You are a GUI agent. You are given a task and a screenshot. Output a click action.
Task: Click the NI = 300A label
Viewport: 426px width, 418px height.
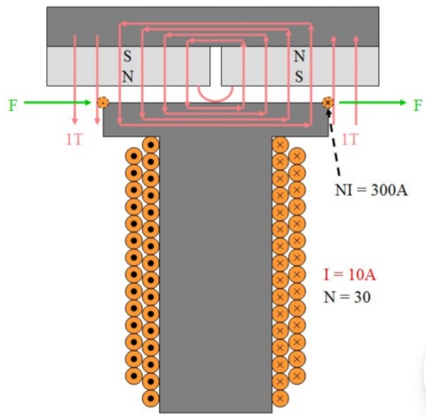click(371, 190)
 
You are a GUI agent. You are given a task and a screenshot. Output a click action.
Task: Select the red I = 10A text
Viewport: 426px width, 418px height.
click(350, 274)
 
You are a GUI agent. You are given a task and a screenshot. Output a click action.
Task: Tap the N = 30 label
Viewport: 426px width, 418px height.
click(347, 297)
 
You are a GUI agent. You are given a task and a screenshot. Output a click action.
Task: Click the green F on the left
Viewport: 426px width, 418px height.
click(13, 106)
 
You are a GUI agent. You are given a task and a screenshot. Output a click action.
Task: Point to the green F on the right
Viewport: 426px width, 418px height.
click(418, 106)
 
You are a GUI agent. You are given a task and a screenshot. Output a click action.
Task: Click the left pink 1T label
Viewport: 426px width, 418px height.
click(75, 140)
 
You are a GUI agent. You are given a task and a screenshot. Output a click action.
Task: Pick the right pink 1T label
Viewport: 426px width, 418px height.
click(350, 140)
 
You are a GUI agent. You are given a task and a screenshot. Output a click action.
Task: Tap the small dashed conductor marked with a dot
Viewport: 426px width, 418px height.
click(103, 103)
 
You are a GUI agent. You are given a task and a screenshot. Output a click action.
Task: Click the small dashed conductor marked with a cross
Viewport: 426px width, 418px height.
click(328, 103)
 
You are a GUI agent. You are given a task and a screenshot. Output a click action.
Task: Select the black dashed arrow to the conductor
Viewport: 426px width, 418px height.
click(333, 142)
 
